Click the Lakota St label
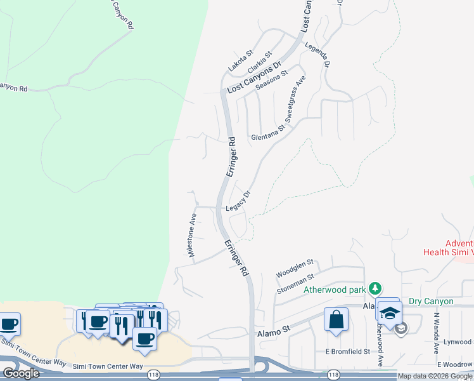click(x=241, y=61)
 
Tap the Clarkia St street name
click(x=260, y=62)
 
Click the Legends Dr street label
click(x=317, y=55)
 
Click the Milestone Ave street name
click(x=193, y=235)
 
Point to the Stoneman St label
click(x=295, y=284)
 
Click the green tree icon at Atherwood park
click(x=375, y=289)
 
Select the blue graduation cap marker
click(x=388, y=311)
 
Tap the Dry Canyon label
click(x=431, y=301)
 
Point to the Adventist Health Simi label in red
click(x=449, y=248)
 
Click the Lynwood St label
click(x=458, y=342)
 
